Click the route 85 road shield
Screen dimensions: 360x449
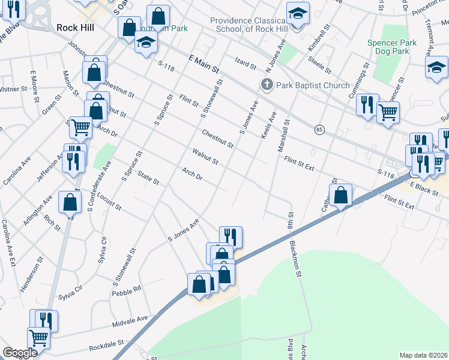click(x=319, y=129)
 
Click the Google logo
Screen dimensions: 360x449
click(x=20, y=353)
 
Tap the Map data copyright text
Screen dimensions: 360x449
click(x=424, y=355)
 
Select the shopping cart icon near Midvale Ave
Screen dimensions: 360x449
click(x=38, y=338)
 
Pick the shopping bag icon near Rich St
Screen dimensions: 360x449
click(x=70, y=202)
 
